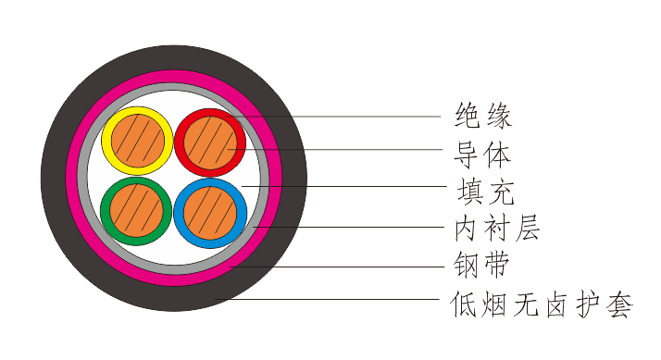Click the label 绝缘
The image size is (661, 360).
[483, 117]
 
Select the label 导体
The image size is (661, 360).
[483, 153]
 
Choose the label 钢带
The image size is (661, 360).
[483, 266]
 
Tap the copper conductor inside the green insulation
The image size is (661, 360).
[138, 213]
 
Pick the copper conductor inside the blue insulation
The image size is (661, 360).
[210, 213]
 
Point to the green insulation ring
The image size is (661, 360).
[108, 213]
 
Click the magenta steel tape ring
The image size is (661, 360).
[174, 277]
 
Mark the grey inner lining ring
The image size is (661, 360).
[174, 266]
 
